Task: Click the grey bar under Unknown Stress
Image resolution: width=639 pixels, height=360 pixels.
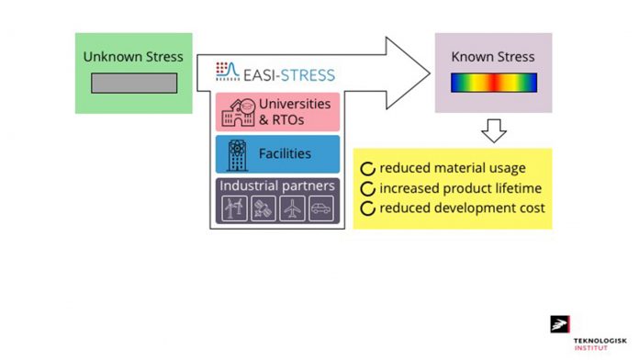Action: [x=133, y=83]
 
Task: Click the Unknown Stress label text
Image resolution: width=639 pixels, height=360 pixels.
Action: [x=133, y=57]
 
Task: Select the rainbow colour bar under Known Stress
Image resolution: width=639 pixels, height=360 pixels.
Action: [x=493, y=83]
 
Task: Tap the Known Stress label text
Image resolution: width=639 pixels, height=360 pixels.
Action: [x=493, y=57]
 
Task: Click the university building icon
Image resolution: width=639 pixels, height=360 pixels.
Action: [x=236, y=111]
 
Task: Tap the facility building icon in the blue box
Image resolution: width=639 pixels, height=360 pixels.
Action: [x=235, y=154]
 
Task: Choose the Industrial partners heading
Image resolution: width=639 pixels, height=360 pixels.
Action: [x=276, y=186]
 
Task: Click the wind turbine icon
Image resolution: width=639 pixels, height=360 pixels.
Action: [x=232, y=209]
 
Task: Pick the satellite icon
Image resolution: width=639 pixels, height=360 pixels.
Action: [x=262, y=209]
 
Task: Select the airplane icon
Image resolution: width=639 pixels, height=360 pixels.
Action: [x=291, y=209]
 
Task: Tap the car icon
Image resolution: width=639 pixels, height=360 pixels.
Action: [x=320, y=209]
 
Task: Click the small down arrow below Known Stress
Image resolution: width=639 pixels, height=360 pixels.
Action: [x=494, y=132]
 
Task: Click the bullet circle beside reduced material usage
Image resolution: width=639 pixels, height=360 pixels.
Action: [x=367, y=169]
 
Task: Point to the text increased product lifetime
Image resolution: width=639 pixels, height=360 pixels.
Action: [x=460, y=188]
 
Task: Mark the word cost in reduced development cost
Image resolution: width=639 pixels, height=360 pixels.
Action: [x=530, y=208]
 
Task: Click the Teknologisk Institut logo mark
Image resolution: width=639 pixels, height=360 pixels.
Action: [x=559, y=324]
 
